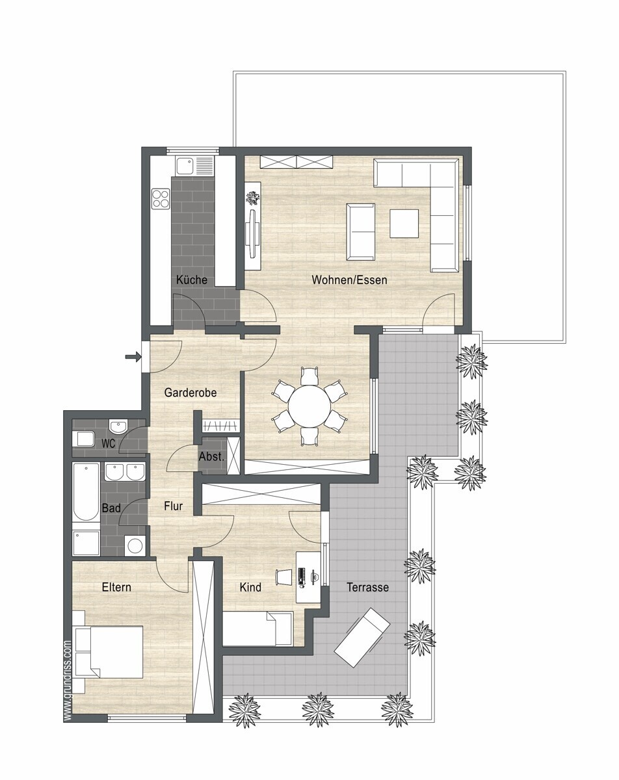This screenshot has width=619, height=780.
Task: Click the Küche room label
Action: coord(192,279)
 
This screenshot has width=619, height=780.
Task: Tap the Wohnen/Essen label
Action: coord(350,279)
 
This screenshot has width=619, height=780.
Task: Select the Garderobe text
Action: coord(191,393)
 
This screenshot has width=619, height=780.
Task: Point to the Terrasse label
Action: coord(368,587)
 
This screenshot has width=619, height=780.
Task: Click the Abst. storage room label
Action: coord(211,457)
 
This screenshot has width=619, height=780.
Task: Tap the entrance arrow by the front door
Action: coord(133,357)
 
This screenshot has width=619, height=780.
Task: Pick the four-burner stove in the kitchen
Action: coord(161,199)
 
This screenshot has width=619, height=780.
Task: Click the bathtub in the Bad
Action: coord(86,492)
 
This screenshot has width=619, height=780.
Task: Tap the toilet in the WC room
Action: coord(83,439)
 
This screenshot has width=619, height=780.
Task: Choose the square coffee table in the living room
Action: coord(404,224)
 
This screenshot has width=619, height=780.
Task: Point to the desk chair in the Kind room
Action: coord(283,577)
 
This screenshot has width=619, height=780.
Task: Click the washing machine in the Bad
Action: coord(135,545)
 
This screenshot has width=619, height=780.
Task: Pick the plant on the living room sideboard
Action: coord(252,198)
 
